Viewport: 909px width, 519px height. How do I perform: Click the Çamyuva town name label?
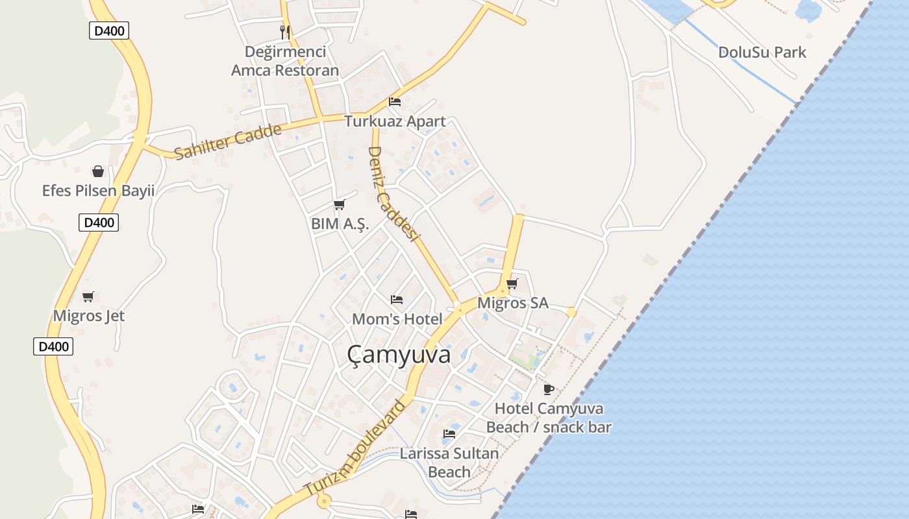point(399,355)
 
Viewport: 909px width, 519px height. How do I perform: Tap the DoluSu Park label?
point(762,52)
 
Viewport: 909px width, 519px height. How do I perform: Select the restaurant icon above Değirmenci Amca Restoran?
point(284,32)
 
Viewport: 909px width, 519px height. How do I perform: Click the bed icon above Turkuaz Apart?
point(394,102)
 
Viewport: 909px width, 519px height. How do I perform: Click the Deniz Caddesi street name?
point(392,193)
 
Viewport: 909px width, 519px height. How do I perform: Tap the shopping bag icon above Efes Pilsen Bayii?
point(98,171)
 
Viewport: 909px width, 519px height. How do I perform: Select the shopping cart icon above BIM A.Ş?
point(339,205)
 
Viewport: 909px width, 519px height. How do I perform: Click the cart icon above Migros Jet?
point(88,296)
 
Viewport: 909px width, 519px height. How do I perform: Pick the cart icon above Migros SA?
point(512,284)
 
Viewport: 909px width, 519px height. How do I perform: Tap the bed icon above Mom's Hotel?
point(397,300)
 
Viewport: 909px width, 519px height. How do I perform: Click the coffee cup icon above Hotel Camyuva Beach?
point(549,389)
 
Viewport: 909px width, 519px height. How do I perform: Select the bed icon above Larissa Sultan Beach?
point(449,433)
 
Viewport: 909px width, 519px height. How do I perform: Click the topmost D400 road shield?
point(109,30)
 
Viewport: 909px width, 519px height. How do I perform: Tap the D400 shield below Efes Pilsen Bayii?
point(99,223)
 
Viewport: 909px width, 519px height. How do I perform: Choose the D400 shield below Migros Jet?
point(53,346)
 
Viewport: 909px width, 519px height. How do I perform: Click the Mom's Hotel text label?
point(397,319)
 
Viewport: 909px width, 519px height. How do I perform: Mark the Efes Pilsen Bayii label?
point(98,191)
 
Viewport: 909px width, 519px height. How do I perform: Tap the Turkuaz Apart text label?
point(395,121)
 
